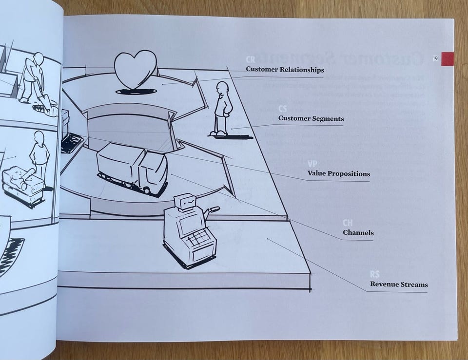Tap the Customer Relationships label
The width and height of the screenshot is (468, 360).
pos(285,70)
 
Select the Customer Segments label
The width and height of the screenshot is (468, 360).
pos(311,118)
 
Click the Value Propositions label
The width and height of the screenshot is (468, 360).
pos(338,173)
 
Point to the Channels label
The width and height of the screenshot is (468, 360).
pos(358,232)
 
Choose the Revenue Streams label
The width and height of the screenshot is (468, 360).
pos(398,284)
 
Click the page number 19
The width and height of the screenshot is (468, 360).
pos(435,58)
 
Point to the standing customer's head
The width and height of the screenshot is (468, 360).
pos(222,89)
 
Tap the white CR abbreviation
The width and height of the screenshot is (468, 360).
pos(251,59)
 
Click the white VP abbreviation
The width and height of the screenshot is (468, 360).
pos(312,164)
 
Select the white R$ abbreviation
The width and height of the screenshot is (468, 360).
pos(375,275)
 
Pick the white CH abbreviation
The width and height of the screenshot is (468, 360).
pos(348,223)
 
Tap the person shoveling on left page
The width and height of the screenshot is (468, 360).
pos(33,78)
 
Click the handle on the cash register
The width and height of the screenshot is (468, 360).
pos(212,210)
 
